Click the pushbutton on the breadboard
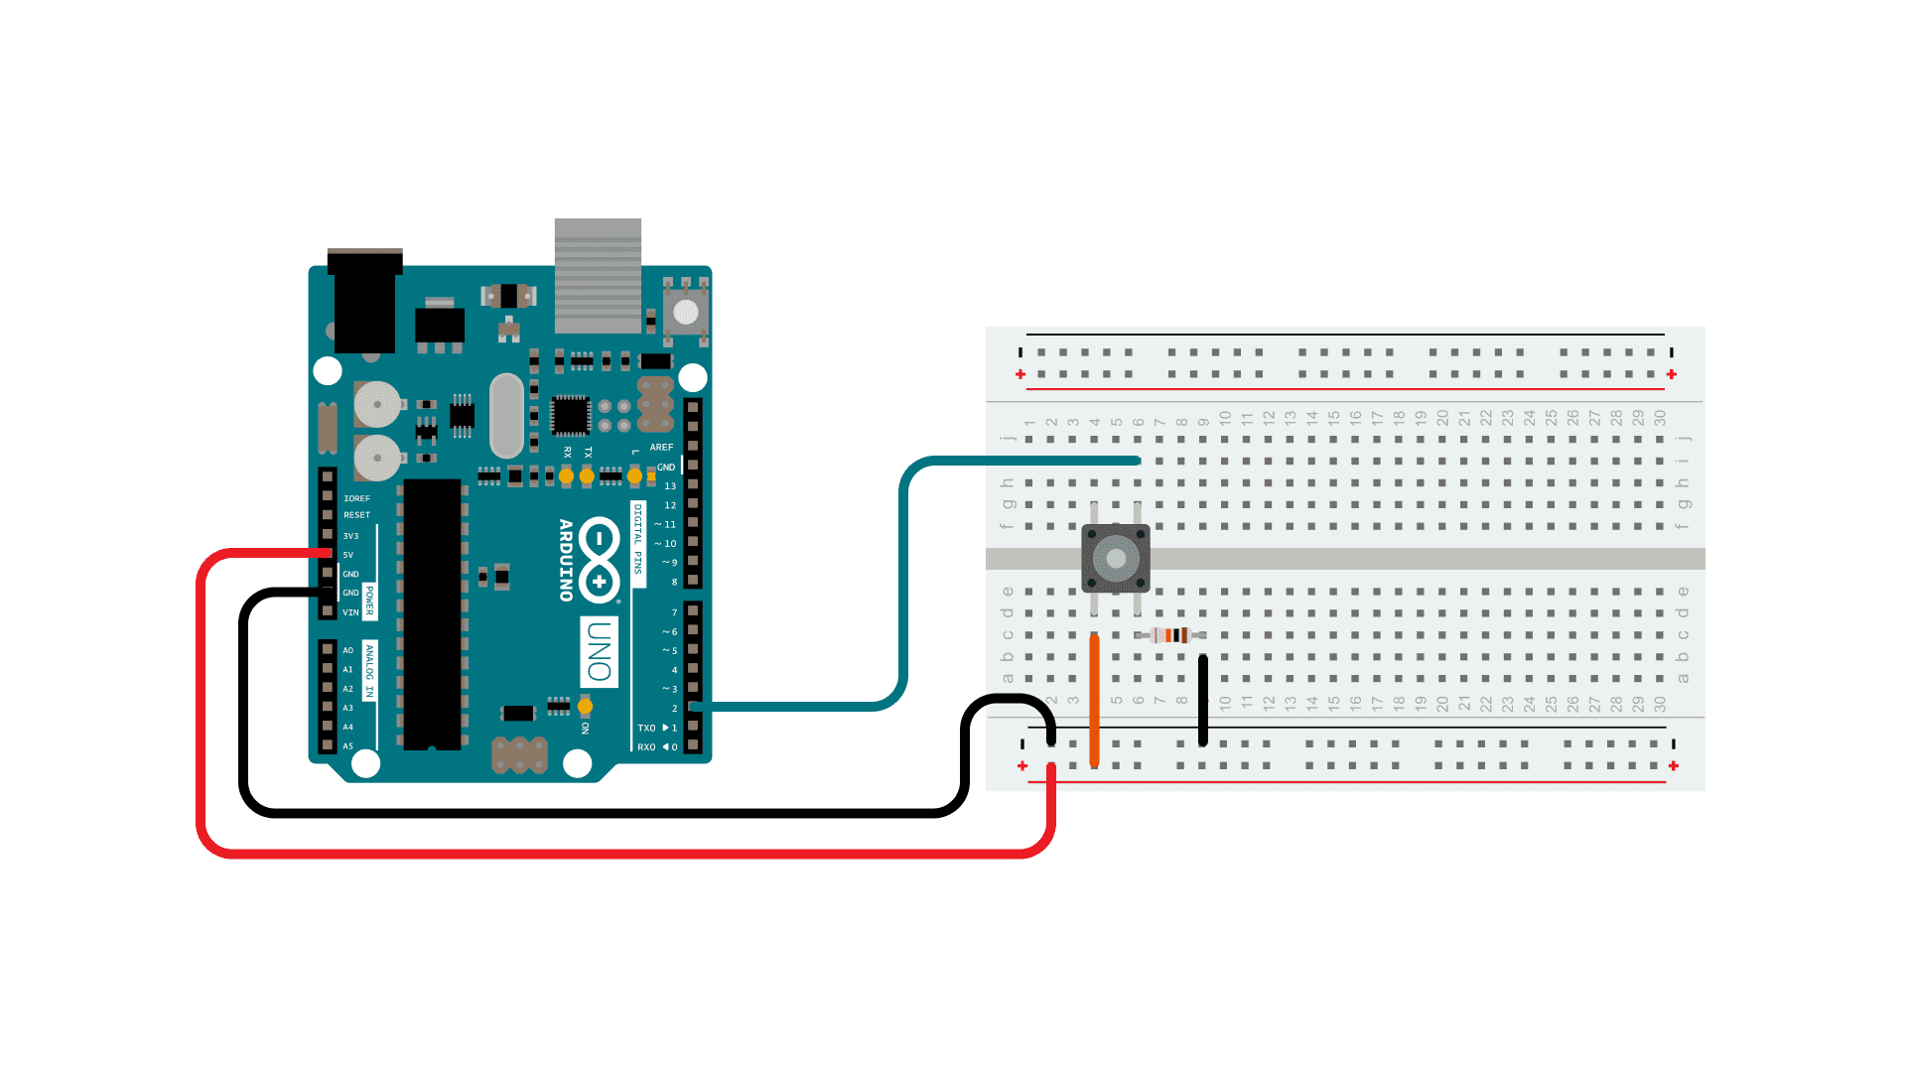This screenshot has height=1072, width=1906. pos(1116,558)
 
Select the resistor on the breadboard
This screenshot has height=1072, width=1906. pos(1172,635)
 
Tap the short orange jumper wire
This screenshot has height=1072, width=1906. pos(1094,700)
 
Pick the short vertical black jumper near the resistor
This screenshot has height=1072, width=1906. pos(1203,700)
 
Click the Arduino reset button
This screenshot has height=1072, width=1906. pos(685,312)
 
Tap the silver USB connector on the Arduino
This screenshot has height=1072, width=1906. pos(598,275)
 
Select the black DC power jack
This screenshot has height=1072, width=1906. pos(364,302)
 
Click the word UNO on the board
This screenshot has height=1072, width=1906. pos(599,651)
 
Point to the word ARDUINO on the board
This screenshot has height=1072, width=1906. pos(566,560)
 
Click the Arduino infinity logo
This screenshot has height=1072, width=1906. pos(600,560)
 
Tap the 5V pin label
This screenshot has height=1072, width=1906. pos(348,555)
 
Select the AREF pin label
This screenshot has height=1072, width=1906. pos(661,448)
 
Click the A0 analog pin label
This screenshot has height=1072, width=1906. pos(347,650)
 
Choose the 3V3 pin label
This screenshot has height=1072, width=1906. pos(350,536)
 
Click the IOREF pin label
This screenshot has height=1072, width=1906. pos(356,498)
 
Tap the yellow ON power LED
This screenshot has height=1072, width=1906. pos(585,707)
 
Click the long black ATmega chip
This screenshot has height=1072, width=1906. pos(432,614)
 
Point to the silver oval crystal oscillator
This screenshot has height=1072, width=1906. pos(506,415)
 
